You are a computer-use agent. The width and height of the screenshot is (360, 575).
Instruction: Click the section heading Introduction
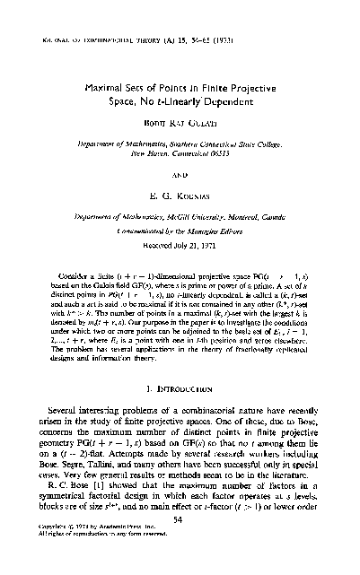(x=187, y=366)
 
